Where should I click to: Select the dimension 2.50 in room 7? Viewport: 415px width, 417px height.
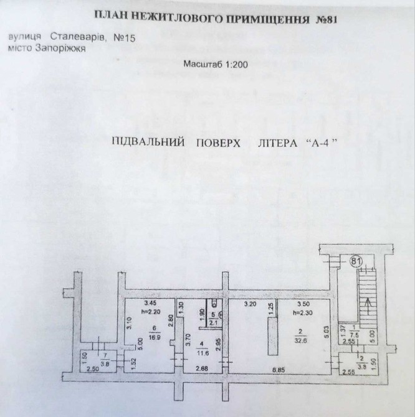click(x=92, y=370)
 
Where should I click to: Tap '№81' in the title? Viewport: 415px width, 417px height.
click(x=323, y=19)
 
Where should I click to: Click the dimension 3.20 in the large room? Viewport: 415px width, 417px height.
click(x=250, y=304)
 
